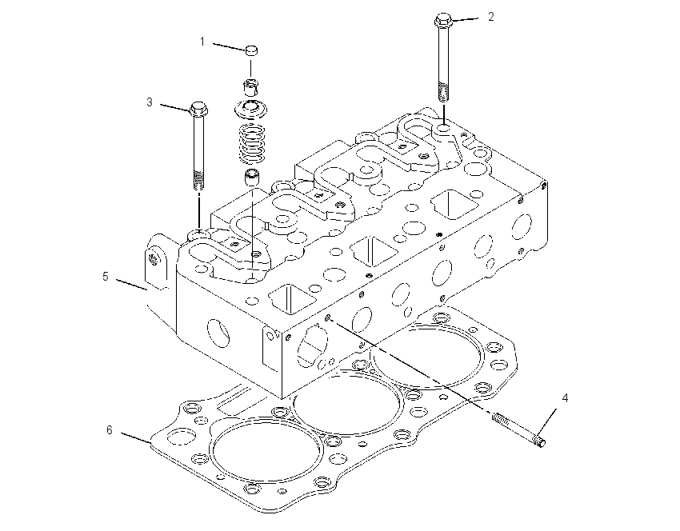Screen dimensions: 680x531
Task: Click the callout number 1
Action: coord(202,42)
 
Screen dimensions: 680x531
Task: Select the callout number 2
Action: coord(490,17)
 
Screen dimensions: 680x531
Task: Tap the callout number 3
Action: coord(150,102)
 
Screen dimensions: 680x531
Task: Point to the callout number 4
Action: coord(565,398)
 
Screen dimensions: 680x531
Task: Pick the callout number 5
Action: coord(106,277)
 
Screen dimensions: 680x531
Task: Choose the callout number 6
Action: coord(110,430)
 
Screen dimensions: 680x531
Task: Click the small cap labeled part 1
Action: coord(251,50)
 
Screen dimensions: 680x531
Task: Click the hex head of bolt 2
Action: coord(442,20)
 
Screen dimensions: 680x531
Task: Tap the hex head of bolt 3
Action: coord(198,109)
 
